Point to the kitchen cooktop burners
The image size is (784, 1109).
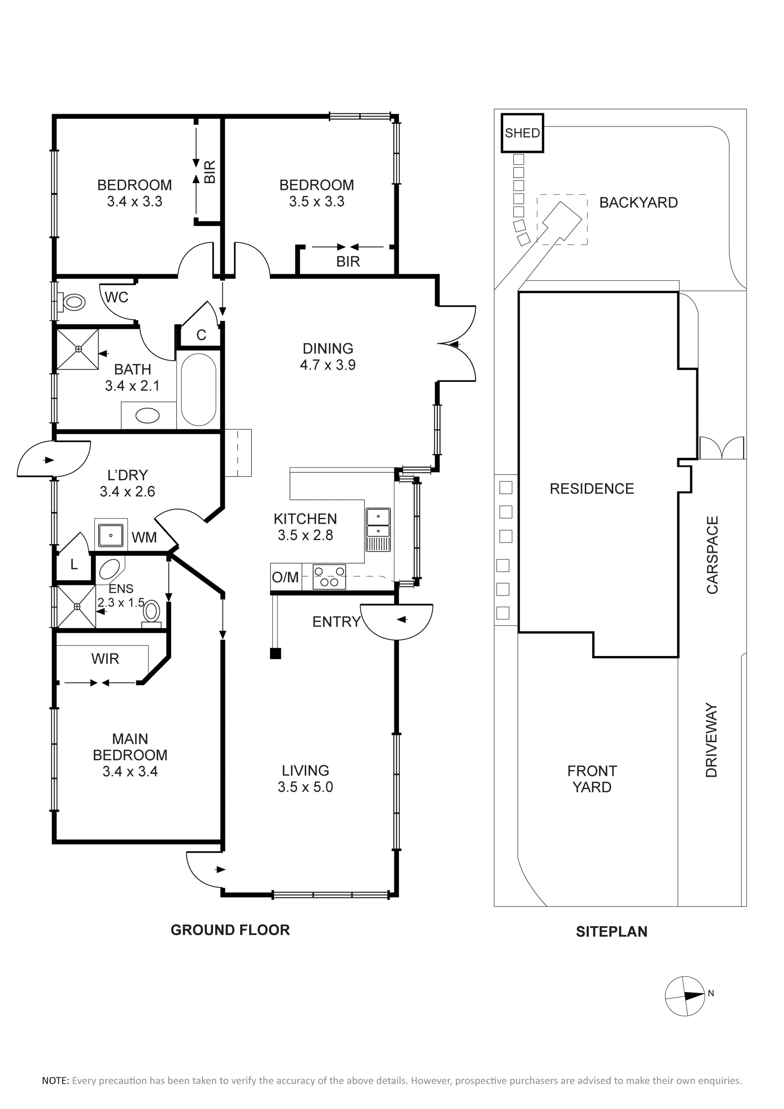(329, 577)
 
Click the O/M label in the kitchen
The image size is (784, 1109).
(285, 577)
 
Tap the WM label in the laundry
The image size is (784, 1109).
(144, 537)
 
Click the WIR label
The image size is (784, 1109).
(105, 658)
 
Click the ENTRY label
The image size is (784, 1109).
(336, 622)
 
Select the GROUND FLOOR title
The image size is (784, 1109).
(230, 930)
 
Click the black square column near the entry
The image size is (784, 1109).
(275, 654)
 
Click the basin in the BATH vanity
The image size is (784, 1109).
(147, 415)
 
